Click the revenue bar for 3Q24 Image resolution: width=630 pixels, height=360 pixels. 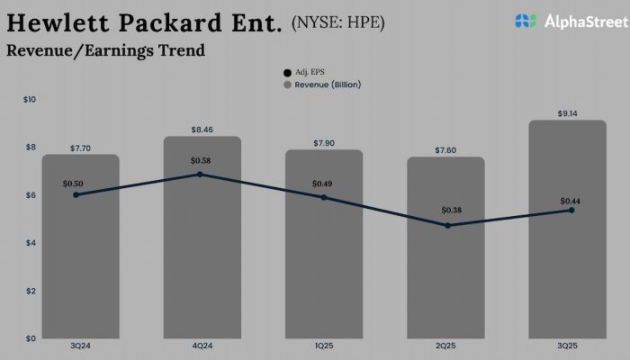coord(80,261)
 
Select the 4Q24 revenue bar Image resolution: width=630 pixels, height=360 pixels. coord(202,252)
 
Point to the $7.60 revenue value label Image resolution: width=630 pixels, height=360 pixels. coord(445,149)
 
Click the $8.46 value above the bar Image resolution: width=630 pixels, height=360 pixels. coord(202,130)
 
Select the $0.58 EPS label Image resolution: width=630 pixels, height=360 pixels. coord(202,160)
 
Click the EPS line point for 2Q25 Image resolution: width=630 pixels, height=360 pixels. coord(447,225)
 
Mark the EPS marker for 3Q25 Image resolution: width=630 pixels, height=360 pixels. coord(571,210)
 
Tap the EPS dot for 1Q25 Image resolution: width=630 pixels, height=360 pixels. coord(323,197)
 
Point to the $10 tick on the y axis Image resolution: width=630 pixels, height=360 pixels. coord(29,99)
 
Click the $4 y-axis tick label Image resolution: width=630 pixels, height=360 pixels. coord(31,243)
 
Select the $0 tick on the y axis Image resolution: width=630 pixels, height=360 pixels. coord(31,338)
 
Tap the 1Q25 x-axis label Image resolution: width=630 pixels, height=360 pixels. coord(323,347)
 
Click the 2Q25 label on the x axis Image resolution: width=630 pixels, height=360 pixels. coord(445,347)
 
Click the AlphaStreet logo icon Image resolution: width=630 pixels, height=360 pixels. coord(526,20)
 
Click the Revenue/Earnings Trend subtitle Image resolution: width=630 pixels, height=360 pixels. coord(105,50)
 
